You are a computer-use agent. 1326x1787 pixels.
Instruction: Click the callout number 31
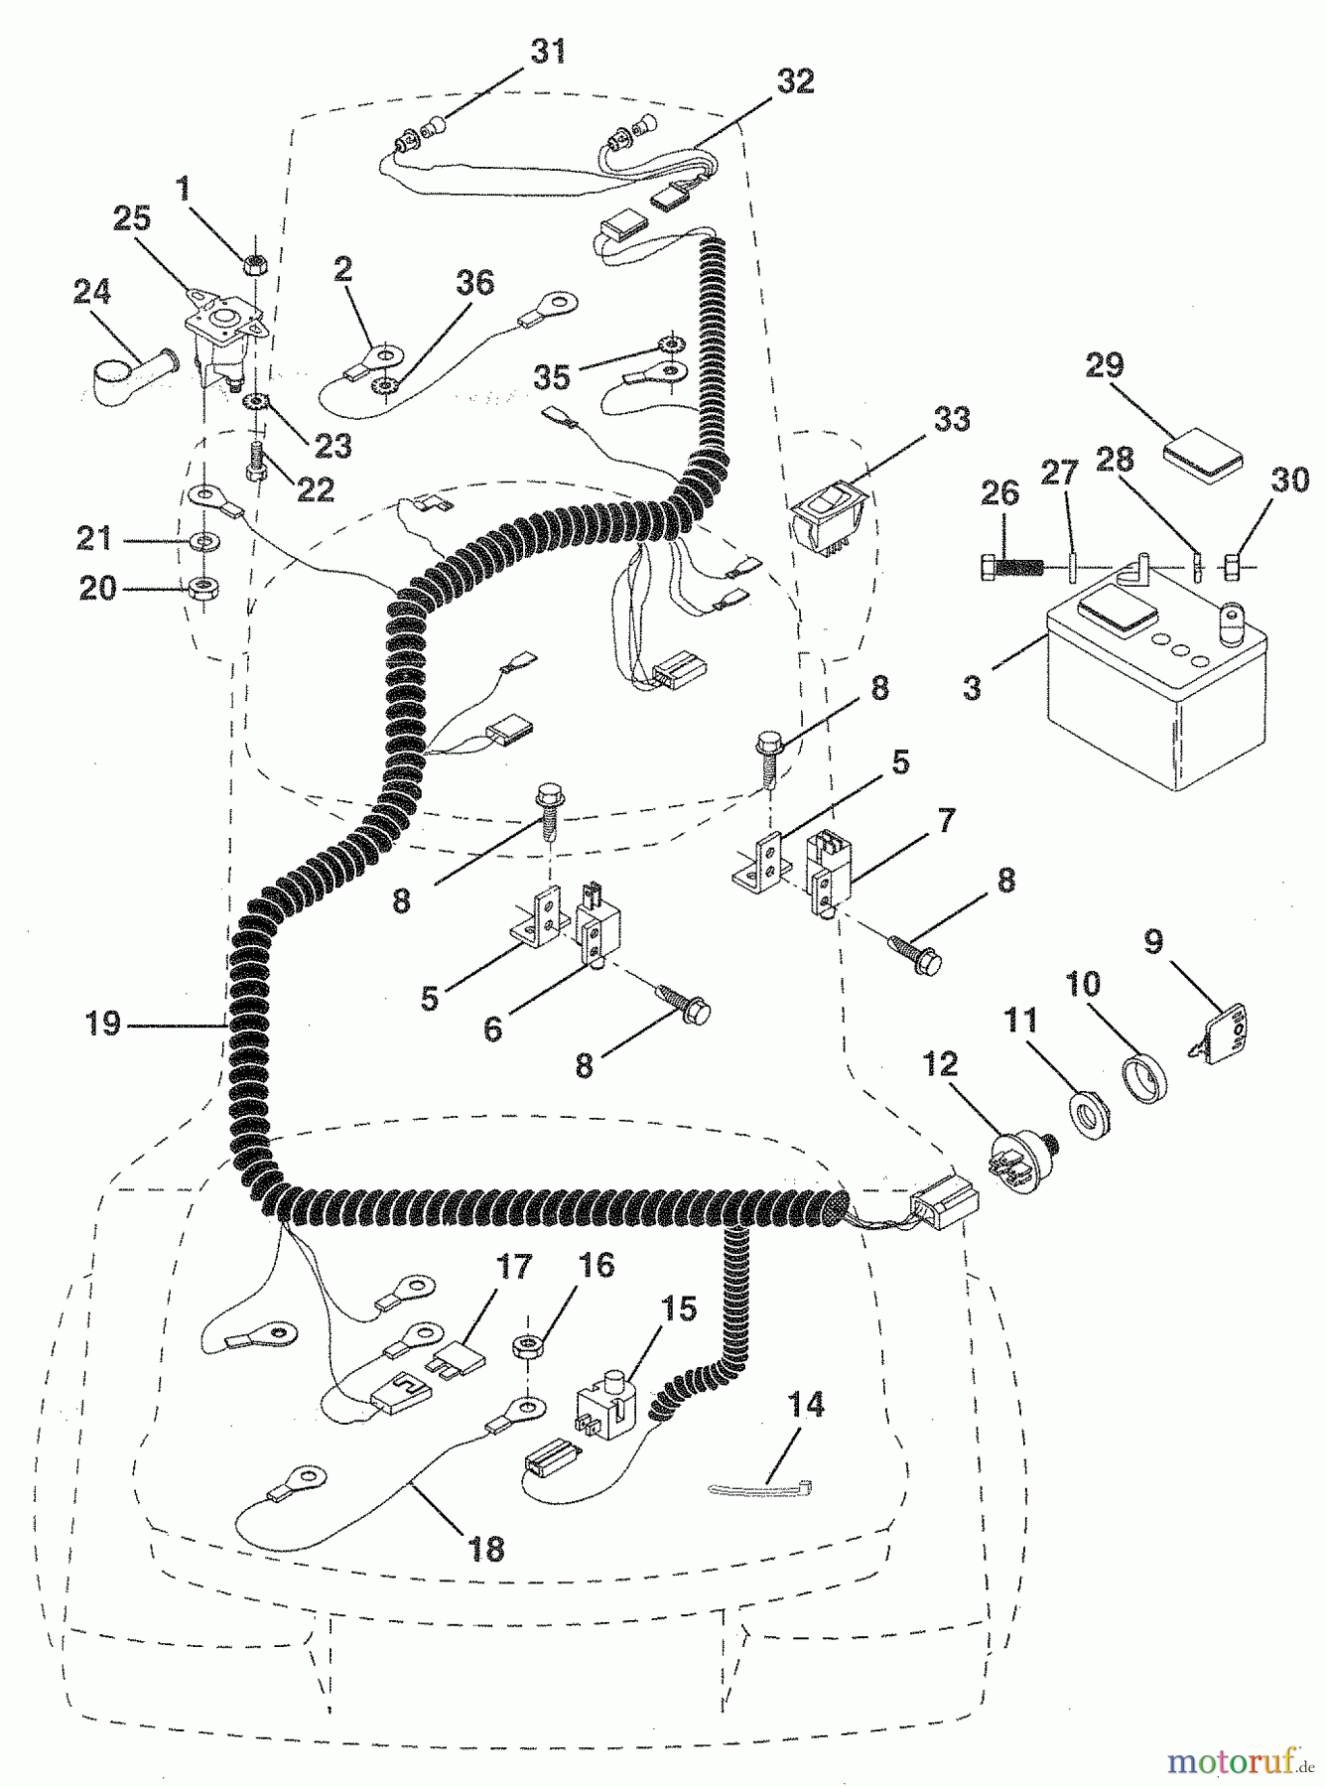tap(548, 50)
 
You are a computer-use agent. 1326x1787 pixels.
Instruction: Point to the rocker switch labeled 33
tap(828, 518)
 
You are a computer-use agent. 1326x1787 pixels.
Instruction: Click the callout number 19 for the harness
tap(102, 1023)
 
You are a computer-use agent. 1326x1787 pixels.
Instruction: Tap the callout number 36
tap(474, 282)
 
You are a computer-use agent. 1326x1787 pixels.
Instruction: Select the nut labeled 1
tap(253, 262)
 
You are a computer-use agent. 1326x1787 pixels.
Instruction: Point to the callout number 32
tap(794, 81)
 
